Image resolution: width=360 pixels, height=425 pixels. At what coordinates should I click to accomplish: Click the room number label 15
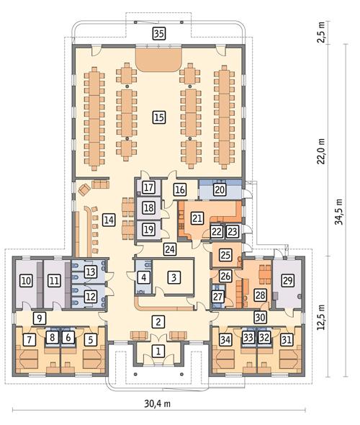[159, 116]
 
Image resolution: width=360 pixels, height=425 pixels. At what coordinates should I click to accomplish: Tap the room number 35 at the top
[159, 33]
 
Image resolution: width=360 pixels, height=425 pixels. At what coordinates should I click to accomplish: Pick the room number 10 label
[26, 280]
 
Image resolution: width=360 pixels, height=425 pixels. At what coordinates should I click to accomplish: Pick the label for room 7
[30, 338]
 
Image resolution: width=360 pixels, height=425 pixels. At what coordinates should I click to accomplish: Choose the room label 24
[169, 250]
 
